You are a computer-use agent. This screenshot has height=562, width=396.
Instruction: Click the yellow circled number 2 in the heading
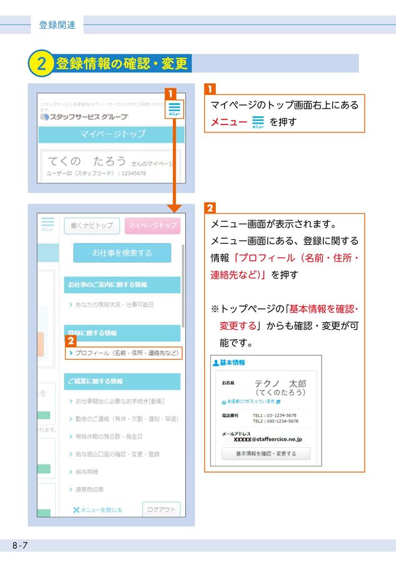[41, 64]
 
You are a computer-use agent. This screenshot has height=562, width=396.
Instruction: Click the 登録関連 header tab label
[57, 25]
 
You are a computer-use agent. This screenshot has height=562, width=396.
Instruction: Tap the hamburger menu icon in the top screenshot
[174, 108]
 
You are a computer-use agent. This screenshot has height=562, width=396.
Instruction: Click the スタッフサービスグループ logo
[83, 117]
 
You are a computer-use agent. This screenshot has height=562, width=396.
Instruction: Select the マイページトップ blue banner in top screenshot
[112, 134]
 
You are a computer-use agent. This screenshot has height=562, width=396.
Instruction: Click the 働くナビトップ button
[91, 225]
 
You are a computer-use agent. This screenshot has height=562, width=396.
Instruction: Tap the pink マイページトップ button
[152, 225]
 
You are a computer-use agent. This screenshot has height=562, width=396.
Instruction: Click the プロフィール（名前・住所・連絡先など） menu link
[123, 353]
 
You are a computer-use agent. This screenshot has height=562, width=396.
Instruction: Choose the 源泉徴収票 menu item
[89, 490]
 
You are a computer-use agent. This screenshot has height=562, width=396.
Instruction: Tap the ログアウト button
[161, 510]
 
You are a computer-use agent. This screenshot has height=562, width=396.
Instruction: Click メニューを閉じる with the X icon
[98, 510]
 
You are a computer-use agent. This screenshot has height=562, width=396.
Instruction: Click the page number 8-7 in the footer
[19, 546]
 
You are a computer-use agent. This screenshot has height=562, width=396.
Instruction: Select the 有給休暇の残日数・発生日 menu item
[108, 436]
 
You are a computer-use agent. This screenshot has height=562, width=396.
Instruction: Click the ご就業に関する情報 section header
[95, 381]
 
